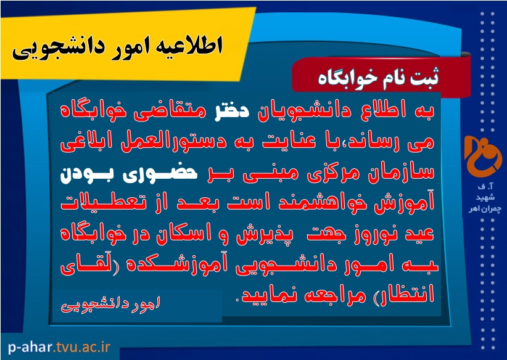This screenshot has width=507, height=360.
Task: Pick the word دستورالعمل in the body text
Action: pos(176,142)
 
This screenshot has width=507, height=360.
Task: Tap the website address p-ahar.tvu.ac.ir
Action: pos(59,348)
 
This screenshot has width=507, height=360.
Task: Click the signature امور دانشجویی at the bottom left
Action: pos(110,305)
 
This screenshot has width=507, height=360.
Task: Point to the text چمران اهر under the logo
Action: pos(485,209)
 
